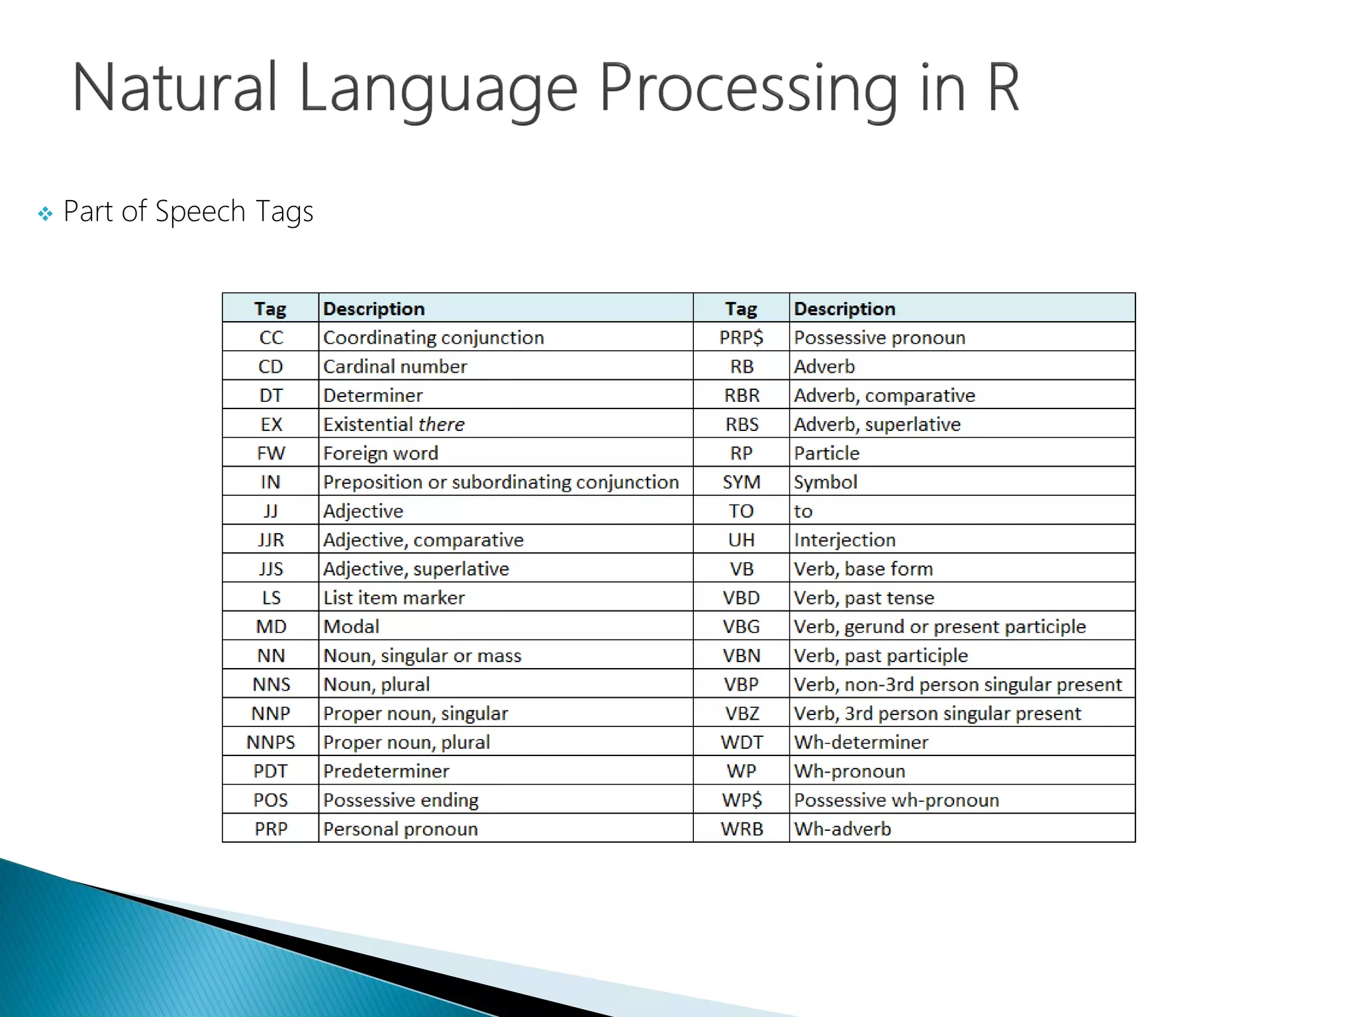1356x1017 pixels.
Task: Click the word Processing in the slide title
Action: coord(748,89)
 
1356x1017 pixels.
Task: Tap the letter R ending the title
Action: coord(1002,88)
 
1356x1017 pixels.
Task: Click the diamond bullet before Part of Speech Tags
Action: coord(45,214)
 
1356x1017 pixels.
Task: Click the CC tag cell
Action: coord(271,338)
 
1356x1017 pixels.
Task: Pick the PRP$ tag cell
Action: coord(741,338)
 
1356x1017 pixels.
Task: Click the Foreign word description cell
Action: coord(381,454)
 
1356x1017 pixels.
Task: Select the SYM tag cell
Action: coord(741,482)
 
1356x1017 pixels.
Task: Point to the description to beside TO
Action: coord(803,511)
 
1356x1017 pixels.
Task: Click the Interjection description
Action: coord(844,540)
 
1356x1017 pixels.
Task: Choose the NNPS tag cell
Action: coord(271,742)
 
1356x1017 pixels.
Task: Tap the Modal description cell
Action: coord(351,627)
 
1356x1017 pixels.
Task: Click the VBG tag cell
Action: coord(741,627)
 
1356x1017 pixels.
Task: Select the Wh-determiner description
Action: coord(861,742)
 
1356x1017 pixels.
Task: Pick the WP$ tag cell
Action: coord(741,800)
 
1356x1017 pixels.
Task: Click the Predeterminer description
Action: coord(386,771)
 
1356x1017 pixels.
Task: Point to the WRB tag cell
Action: coord(741,829)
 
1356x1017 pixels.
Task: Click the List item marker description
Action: coord(394,598)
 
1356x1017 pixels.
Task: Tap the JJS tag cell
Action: coord(271,569)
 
